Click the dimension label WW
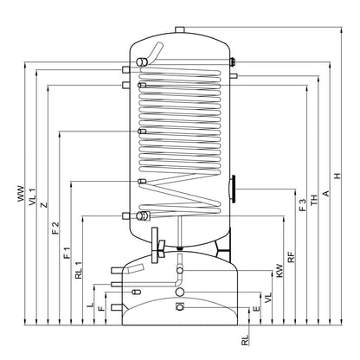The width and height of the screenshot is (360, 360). (21, 194)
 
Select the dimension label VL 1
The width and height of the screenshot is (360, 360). (33, 196)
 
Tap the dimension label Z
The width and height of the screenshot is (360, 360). (44, 205)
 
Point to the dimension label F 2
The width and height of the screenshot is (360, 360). (56, 228)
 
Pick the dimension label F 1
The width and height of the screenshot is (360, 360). (67, 253)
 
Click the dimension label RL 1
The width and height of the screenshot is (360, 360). (79, 270)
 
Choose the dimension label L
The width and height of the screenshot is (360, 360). (91, 305)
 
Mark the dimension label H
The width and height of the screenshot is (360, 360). (337, 176)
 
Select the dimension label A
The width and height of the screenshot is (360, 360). (326, 193)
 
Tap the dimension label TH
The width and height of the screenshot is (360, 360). (314, 200)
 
